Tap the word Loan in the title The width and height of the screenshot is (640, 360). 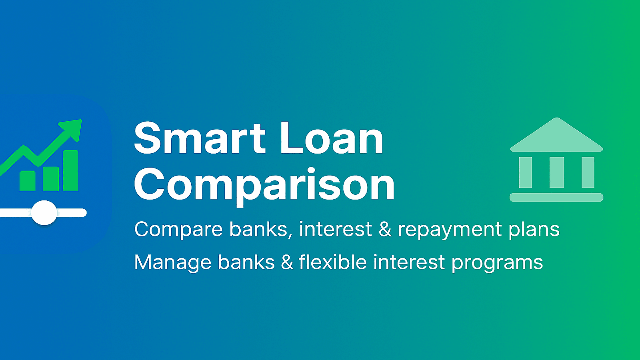coord(331,138)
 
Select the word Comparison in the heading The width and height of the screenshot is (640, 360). coord(264,185)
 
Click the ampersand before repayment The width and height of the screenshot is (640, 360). coord(385,230)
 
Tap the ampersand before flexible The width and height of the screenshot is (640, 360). coord(287,263)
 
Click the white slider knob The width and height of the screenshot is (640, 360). coord(44,212)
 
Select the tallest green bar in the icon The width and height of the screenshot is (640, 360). coord(71,171)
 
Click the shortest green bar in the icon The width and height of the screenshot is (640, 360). coord(28,181)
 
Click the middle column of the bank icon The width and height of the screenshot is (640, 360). coord(556,172)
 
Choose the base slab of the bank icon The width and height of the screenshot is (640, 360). coord(556,197)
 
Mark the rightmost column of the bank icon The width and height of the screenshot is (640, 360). coord(588,172)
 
